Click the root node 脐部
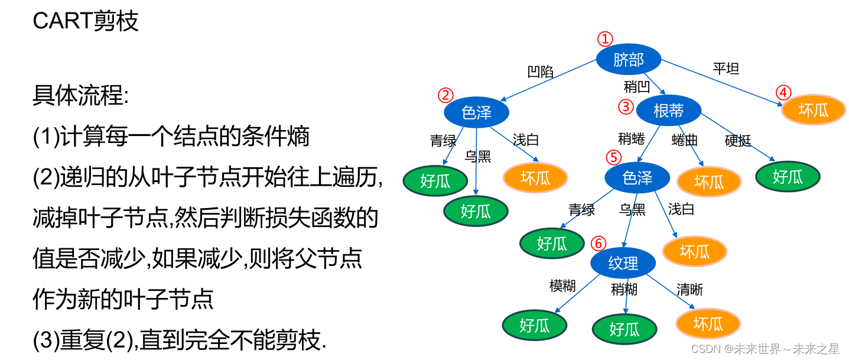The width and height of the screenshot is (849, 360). [628, 60]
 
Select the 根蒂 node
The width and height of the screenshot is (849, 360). [668, 110]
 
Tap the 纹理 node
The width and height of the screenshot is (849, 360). [623, 263]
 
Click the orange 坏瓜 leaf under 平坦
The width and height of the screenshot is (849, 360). [814, 109]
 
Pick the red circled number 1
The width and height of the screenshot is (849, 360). [605, 39]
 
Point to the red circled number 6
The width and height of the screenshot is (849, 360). [598, 244]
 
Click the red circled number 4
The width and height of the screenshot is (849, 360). [783, 93]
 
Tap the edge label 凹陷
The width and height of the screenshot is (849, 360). [540, 72]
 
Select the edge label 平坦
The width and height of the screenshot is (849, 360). [726, 69]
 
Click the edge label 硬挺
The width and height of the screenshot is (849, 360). [738, 141]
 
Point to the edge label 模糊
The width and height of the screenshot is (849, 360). [562, 286]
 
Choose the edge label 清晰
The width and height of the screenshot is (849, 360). [690, 289]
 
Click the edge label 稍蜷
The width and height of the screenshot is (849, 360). [632, 139]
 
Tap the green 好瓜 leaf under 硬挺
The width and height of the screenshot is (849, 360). [788, 176]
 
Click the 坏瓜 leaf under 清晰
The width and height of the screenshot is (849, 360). [708, 324]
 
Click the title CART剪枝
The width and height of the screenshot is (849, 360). [86, 21]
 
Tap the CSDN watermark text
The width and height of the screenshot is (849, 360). [765, 349]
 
